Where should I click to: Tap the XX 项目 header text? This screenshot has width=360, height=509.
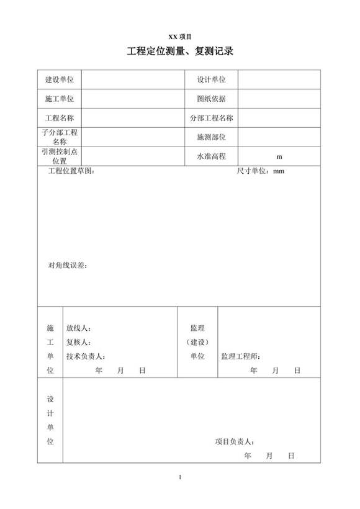[x=180, y=37]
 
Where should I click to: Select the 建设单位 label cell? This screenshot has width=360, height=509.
[x=60, y=79]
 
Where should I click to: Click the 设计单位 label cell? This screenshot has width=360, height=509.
[x=211, y=79]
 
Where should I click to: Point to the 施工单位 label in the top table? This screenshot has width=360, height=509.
[x=60, y=99]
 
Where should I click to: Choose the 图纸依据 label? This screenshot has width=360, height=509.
[x=211, y=99]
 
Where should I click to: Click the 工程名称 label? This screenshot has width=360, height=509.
[x=60, y=118]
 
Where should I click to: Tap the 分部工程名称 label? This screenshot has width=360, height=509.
[x=211, y=118]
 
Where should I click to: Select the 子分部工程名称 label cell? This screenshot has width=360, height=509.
[x=60, y=137]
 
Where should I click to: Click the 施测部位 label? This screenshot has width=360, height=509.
[x=211, y=137]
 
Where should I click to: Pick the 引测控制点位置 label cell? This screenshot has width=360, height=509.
[x=60, y=156]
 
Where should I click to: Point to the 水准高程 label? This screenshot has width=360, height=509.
[x=211, y=156]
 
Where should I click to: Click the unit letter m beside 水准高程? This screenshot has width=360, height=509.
[x=279, y=156]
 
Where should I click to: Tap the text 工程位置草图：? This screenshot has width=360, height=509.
[x=71, y=171]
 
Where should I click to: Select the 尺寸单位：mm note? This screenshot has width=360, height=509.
[x=261, y=171]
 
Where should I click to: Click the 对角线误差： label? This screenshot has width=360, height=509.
[x=68, y=266]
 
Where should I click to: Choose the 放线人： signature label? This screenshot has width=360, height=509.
[x=79, y=328]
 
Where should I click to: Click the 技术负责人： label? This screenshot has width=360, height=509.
[x=86, y=356]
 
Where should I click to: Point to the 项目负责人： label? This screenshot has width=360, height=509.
[x=235, y=442]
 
